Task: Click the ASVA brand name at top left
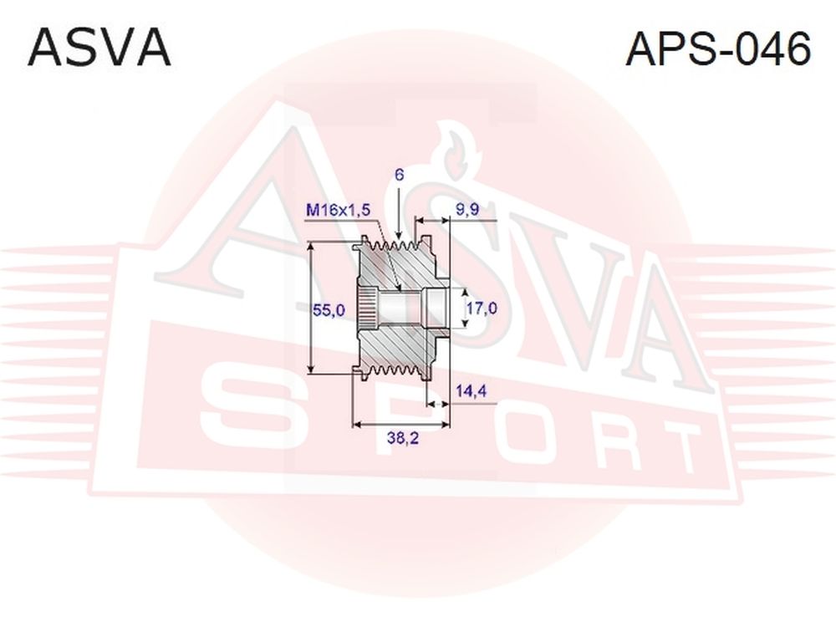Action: tap(99, 48)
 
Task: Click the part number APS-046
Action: tap(717, 48)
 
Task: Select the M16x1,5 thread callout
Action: tap(338, 210)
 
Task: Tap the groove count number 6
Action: tap(400, 175)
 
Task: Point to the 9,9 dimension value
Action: tap(467, 210)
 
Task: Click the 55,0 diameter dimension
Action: tap(329, 310)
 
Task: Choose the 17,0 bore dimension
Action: tap(482, 308)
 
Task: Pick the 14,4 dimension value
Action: tap(472, 391)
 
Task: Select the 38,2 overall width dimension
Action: tap(403, 438)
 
